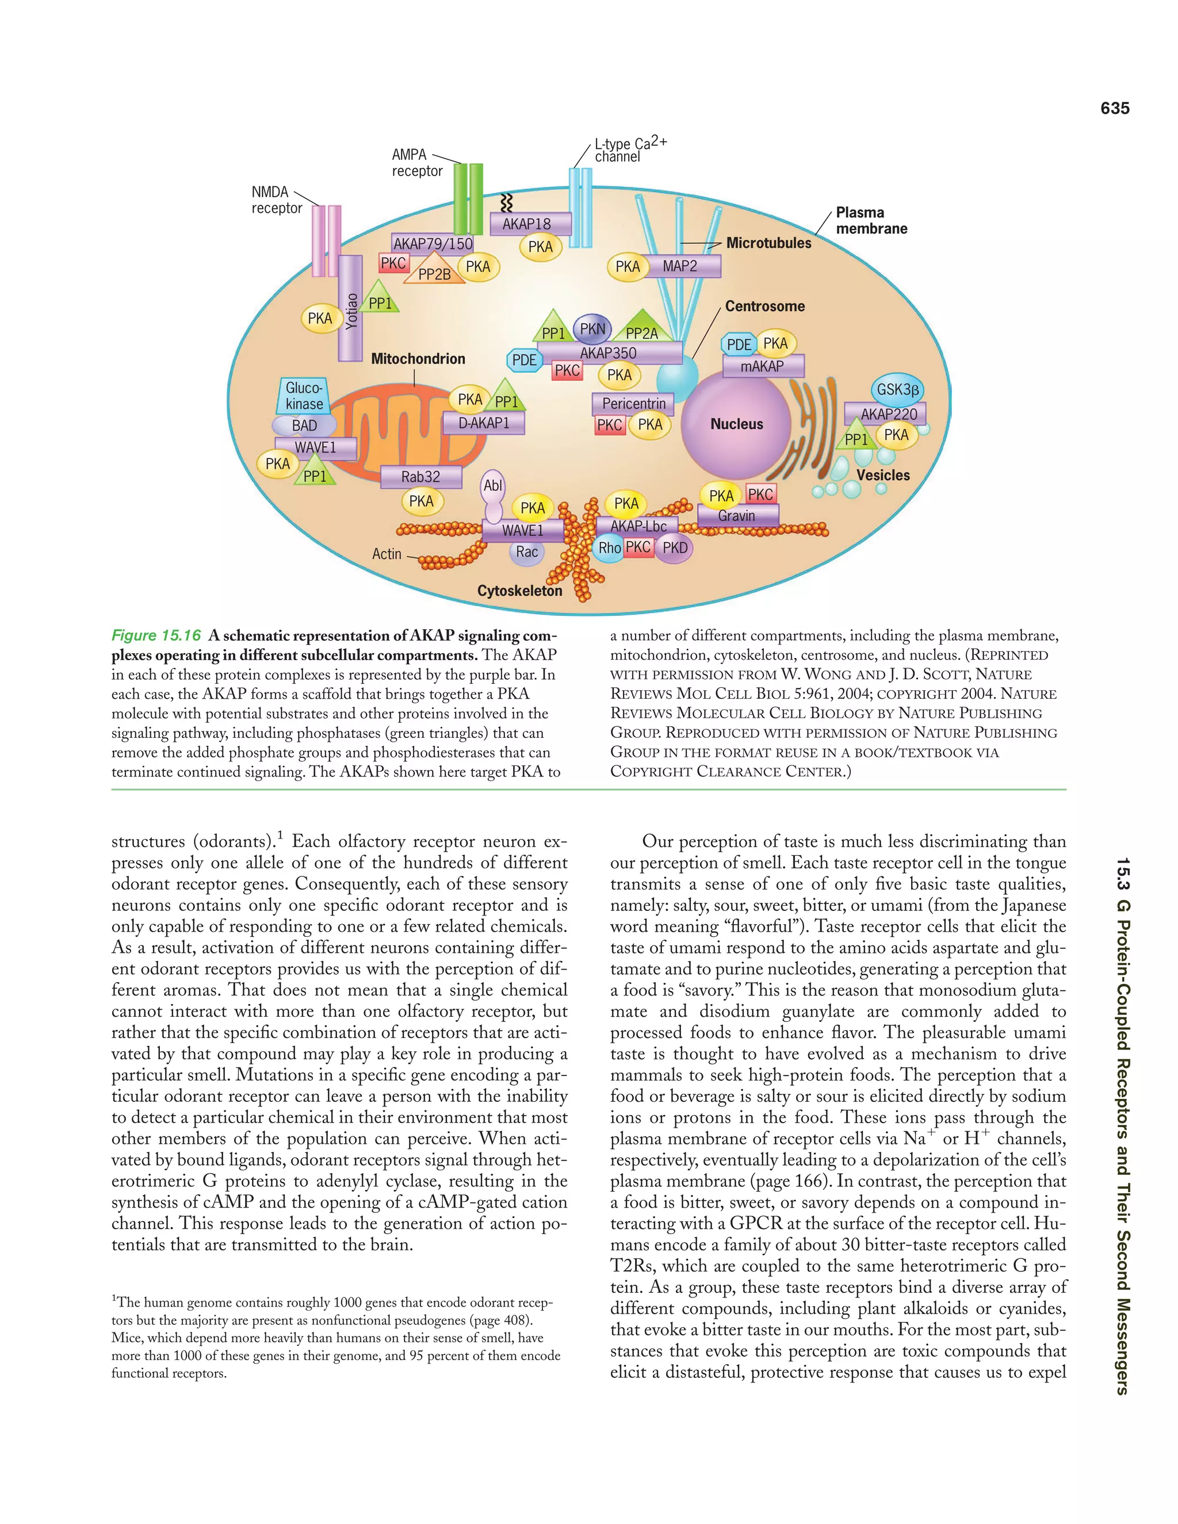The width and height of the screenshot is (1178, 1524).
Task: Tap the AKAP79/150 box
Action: pos(433,243)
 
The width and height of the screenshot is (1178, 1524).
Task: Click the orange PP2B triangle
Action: pos(434,271)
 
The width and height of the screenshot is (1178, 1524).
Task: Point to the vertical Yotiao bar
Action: pos(350,308)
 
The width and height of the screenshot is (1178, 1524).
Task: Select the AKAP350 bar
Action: pos(609,353)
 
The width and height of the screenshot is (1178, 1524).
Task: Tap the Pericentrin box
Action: pos(634,403)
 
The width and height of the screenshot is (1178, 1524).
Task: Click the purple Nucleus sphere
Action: pos(736,424)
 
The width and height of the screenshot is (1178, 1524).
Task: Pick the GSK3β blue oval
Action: pos(897,389)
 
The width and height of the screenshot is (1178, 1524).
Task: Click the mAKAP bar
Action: pos(763,366)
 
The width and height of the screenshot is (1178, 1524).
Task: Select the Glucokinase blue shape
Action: pos(304,396)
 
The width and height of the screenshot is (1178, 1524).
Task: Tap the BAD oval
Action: pos(304,426)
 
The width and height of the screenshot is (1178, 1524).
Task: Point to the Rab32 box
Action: pos(421,477)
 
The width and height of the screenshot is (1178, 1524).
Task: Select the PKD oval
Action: pos(675,547)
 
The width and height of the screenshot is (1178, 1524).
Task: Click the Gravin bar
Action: pos(737,516)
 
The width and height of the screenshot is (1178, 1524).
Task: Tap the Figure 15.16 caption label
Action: pos(156,635)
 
